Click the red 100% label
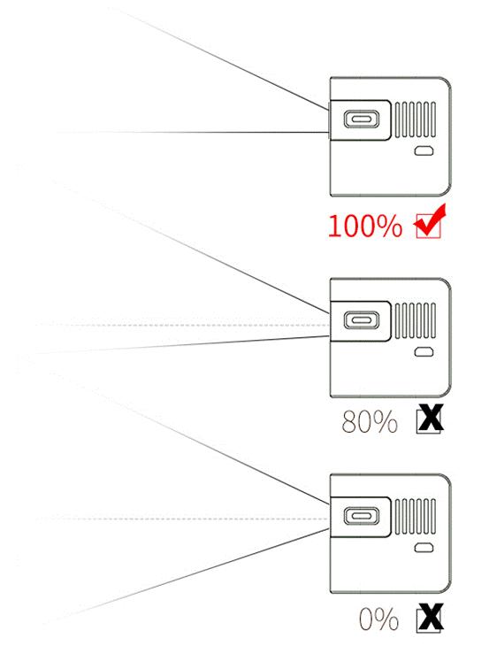click(x=365, y=226)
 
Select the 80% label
click(x=370, y=421)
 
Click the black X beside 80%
click(x=430, y=419)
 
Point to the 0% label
click(x=378, y=619)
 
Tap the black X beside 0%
click(x=430, y=618)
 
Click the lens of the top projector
click(x=362, y=119)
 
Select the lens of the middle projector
click(x=362, y=320)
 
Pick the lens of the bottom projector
click(x=362, y=516)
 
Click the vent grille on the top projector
click(x=416, y=119)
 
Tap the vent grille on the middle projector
click(x=416, y=320)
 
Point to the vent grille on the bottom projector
click(x=416, y=516)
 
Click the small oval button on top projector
click(x=424, y=151)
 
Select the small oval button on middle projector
click(x=424, y=352)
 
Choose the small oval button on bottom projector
click(x=424, y=548)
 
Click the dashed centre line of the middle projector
click(x=183, y=325)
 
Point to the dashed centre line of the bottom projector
click(x=183, y=519)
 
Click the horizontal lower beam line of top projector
click(x=193, y=132)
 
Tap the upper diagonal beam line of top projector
click(x=220, y=58)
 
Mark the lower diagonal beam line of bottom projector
click(x=185, y=577)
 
